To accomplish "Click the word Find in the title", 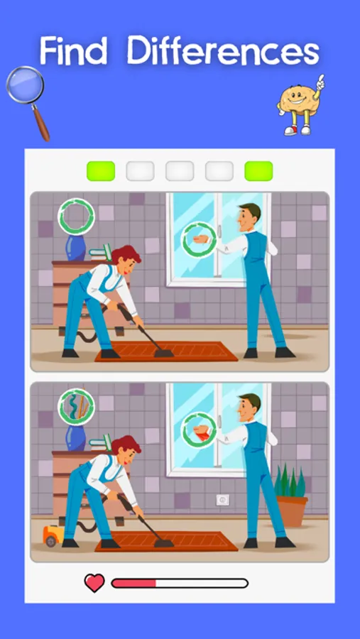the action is coord(73,50).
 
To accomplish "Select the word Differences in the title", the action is coord(223,50).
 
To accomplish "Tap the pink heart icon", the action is coord(94,583).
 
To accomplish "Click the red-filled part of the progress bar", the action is coord(133,583).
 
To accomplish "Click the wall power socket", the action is coord(223,500).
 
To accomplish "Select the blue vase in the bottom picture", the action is coord(76,437).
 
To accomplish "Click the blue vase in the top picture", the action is coord(76,247).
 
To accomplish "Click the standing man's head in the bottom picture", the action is coord(249,407).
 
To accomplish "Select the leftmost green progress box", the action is coord(101,171).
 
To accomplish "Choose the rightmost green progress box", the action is coord(258,171).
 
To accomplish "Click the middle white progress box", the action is coord(180,171).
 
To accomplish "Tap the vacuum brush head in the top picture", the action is coord(163,352).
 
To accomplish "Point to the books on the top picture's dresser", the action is coord(100,253).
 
